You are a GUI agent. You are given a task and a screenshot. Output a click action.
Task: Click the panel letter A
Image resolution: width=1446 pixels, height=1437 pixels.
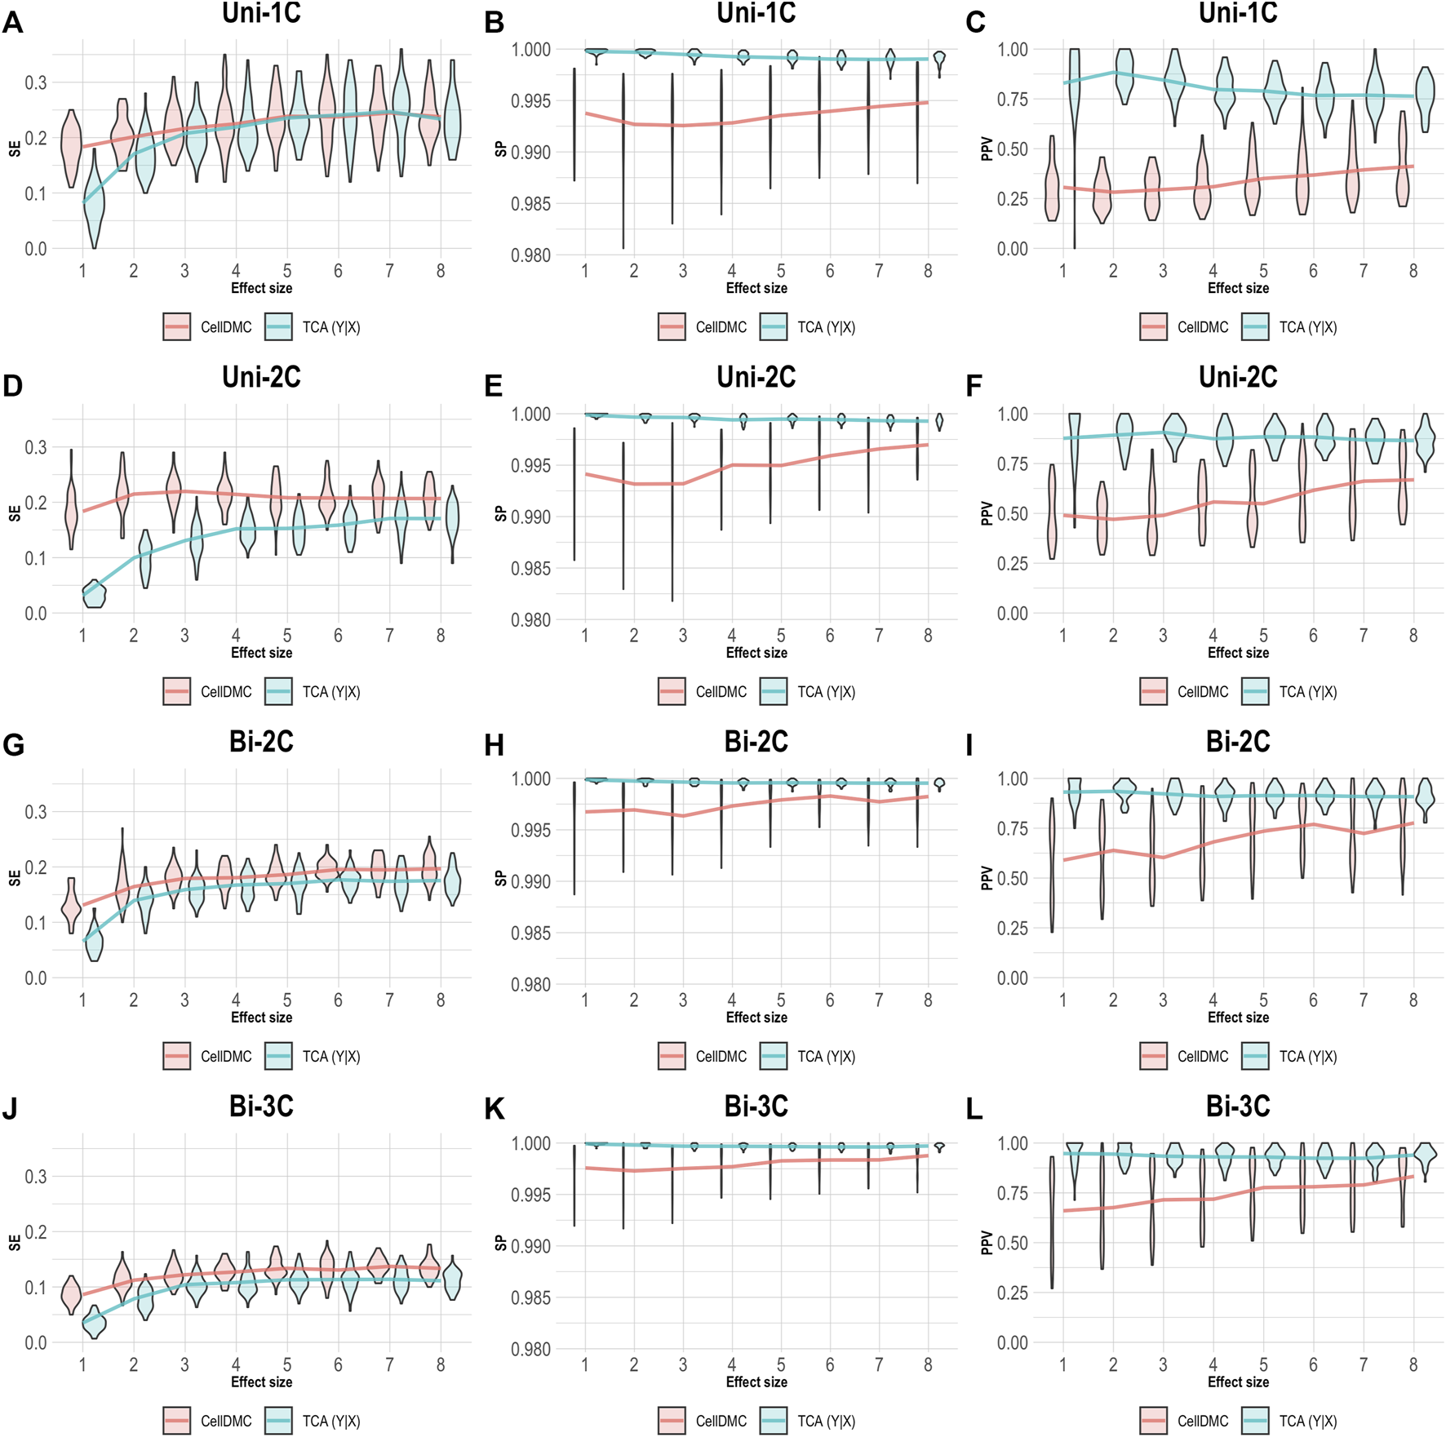coord(12,22)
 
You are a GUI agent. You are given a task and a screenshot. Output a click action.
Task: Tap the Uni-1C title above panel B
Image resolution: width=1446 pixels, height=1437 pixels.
coord(756,13)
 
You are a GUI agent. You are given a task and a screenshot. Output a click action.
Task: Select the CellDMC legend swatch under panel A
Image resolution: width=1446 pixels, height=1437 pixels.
coord(176,326)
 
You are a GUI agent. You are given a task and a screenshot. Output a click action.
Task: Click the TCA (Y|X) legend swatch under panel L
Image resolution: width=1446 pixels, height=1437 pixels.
coord(1255,1421)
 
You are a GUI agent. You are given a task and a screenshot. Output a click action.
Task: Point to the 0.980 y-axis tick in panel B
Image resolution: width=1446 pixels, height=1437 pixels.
coord(530,255)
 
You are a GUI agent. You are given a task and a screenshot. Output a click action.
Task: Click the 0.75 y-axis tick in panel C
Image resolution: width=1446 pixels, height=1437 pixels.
coord(1012,100)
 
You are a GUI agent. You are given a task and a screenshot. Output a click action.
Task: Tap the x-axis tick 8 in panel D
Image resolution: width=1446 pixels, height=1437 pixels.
coord(441,635)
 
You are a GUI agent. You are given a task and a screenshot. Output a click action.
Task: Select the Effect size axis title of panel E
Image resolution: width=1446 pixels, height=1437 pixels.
coord(756,653)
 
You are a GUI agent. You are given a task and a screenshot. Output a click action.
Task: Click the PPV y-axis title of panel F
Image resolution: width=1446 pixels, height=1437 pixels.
coord(987,513)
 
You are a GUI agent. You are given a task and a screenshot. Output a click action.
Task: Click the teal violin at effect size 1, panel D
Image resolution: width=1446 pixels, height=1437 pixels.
coord(95,595)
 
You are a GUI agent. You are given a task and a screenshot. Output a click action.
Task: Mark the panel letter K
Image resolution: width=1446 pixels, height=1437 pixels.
coord(494,1109)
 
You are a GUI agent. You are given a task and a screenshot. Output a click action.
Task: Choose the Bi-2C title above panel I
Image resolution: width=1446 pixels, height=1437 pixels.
coord(1237,742)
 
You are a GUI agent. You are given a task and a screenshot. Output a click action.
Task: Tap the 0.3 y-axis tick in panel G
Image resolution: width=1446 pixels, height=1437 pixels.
coord(35,812)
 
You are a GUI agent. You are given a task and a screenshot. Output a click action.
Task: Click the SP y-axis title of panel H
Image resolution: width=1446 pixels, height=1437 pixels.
coord(500,878)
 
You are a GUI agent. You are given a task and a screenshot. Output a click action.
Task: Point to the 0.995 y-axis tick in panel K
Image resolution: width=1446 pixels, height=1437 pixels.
coord(530,1195)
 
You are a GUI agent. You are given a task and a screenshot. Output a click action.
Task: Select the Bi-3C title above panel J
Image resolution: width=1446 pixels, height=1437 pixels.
coord(261,1107)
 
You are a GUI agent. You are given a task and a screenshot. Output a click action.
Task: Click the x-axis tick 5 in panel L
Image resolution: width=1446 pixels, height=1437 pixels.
coord(1263,1364)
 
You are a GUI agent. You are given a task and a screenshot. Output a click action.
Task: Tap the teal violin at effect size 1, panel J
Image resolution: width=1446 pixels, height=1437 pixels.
coord(94,1322)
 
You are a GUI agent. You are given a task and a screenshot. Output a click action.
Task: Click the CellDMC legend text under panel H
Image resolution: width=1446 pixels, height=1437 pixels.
coord(721,1056)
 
